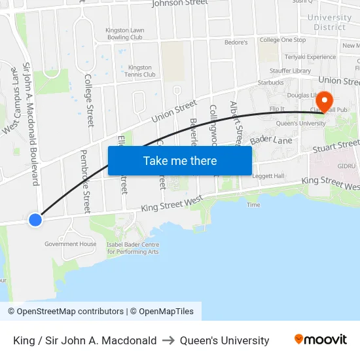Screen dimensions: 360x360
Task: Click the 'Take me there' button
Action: pyautogui.click(x=179, y=160)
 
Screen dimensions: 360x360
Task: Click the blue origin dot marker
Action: pyautogui.click(x=35, y=220)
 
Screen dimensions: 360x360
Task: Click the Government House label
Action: pyautogui.click(x=70, y=244)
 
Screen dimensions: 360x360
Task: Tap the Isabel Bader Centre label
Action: pyautogui.click(x=132, y=248)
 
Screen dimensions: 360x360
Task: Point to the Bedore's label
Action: pyautogui.click(x=236, y=43)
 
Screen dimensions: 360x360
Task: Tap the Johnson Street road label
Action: pyautogui.click(x=179, y=3)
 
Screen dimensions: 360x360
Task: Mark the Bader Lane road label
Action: pyautogui.click(x=270, y=140)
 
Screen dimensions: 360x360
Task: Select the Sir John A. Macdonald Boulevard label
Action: pyautogui.click(x=31, y=124)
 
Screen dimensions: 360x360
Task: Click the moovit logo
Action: pyautogui.click(x=320, y=340)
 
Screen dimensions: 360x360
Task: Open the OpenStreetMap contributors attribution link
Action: pyautogui.click(x=66, y=312)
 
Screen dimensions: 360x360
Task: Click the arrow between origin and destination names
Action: pyautogui.click(x=168, y=340)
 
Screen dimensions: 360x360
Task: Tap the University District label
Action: pyautogui.click(x=329, y=22)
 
